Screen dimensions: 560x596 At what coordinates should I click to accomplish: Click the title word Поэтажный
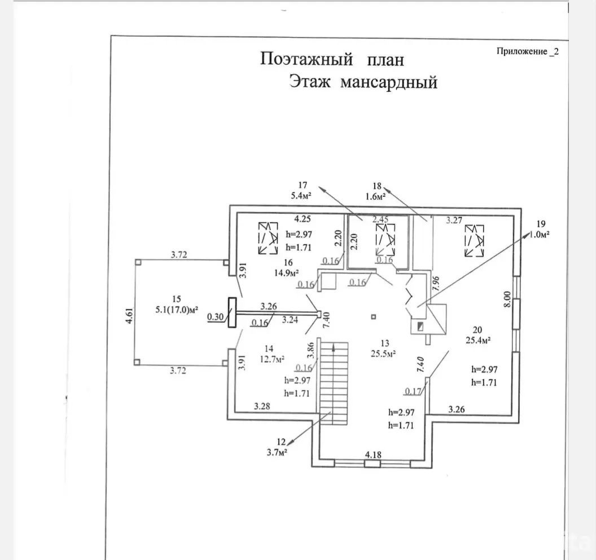(x=306, y=60)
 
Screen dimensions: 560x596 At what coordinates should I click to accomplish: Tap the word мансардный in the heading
(x=389, y=83)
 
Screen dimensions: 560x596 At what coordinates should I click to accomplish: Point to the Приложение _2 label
(x=527, y=51)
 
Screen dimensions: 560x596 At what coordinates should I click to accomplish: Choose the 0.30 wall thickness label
(x=215, y=317)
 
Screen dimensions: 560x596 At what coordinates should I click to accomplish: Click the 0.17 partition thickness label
(x=413, y=391)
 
